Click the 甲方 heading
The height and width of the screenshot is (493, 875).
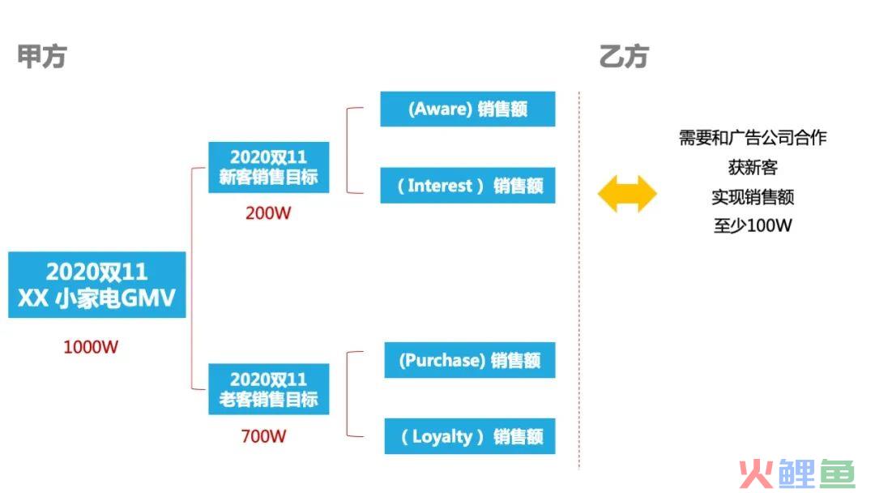(x=42, y=56)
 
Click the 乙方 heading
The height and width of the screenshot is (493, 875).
(x=623, y=57)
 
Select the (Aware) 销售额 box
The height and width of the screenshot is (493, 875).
(x=467, y=109)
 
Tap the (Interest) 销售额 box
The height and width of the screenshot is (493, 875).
(x=467, y=185)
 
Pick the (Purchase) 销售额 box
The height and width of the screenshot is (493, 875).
(x=470, y=360)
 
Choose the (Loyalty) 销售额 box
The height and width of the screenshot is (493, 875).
(x=470, y=436)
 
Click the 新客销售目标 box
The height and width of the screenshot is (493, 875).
(x=268, y=168)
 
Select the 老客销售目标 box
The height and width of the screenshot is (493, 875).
(x=268, y=389)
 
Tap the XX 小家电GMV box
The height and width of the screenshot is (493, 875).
(x=97, y=285)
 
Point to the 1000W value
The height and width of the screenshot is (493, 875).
(x=91, y=347)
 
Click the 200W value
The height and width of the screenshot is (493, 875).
(x=268, y=212)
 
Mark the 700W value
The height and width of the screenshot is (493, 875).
(x=263, y=435)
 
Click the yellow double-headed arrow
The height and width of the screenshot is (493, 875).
(x=627, y=194)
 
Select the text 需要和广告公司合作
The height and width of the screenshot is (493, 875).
(x=752, y=137)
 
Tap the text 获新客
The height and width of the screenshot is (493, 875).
(x=752, y=167)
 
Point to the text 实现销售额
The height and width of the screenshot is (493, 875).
(x=752, y=196)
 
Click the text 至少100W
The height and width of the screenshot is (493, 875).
(x=752, y=225)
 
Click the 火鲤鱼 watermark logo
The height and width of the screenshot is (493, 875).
(x=797, y=474)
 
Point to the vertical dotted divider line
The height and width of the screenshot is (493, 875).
(x=579, y=281)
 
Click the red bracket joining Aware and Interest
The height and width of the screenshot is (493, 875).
(x=347, y=150)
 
